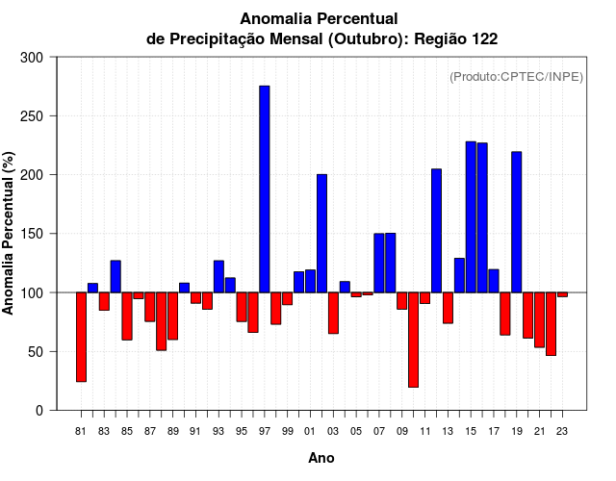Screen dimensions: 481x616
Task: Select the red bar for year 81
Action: coord(81,337)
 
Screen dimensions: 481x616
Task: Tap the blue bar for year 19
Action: coord(517,222)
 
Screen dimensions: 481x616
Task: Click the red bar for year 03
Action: coord(333,313)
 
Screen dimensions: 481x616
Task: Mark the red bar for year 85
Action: coord(127,316)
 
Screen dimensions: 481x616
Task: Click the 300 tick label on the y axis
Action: coord(32,58)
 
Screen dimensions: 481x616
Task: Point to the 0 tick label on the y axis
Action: coord(38,410)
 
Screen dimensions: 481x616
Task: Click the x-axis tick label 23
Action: coord(562,432)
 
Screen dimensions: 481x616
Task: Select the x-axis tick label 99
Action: coord(287,432)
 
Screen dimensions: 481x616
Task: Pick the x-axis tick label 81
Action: coord(81,432)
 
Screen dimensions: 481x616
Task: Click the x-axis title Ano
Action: coord(321,458)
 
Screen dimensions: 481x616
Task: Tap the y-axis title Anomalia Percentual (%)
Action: coord(9,234)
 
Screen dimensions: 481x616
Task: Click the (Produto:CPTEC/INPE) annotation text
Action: coord(516,77)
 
